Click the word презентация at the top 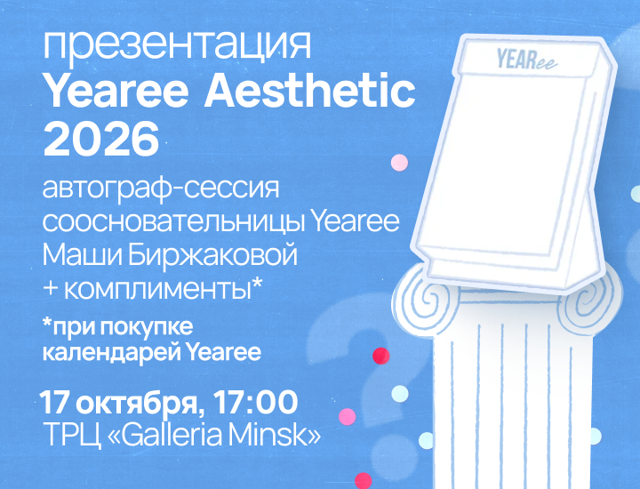coord(177,45)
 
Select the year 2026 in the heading coord(101,139)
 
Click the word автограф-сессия coord(161,189)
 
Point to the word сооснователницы coord(175,222)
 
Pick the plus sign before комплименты coord(51,289)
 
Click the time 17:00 coord(255,402)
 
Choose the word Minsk coord(268,435)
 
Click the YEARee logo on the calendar coord(526,60)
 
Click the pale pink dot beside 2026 coord(400,163)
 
